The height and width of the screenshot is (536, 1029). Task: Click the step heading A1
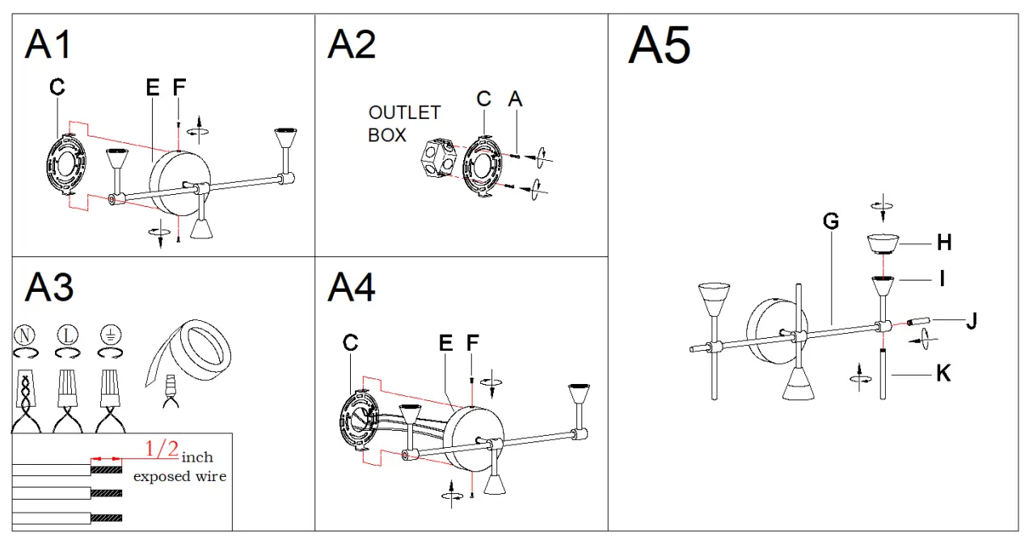(48, 44)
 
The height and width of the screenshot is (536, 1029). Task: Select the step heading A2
(352, 44)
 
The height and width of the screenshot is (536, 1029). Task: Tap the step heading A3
(48, 287)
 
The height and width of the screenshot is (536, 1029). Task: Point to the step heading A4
(352, 287)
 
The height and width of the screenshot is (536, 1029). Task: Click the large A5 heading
(660, 45)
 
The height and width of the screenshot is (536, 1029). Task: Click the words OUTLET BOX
(404, 124)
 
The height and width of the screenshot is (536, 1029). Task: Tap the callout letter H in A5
(944, 242)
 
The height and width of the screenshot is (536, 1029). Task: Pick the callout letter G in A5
(830, 221)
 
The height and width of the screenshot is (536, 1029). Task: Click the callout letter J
(972, 321)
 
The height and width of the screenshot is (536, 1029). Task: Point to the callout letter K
(943, 373)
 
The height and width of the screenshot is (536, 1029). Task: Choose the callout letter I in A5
(943, 279)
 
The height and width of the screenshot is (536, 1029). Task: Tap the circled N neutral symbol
(24, 334)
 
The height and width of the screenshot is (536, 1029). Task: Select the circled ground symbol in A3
(110, 334)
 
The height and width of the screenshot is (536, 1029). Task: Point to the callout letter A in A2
(515, 99)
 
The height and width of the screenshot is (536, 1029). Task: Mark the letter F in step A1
(179, 87)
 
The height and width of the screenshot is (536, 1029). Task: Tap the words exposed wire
(179, 476)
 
